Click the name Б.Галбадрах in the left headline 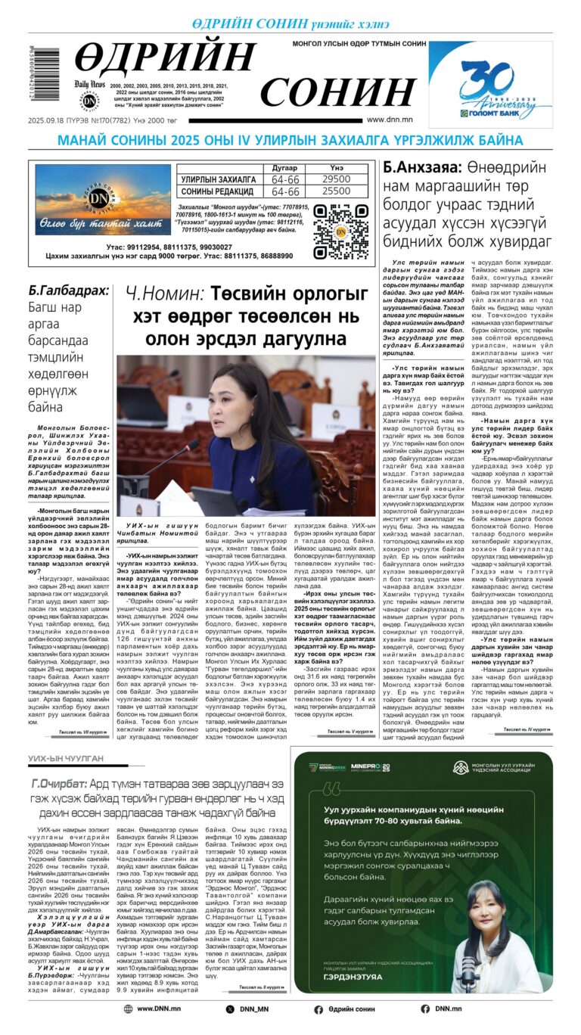tap(68, 291)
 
